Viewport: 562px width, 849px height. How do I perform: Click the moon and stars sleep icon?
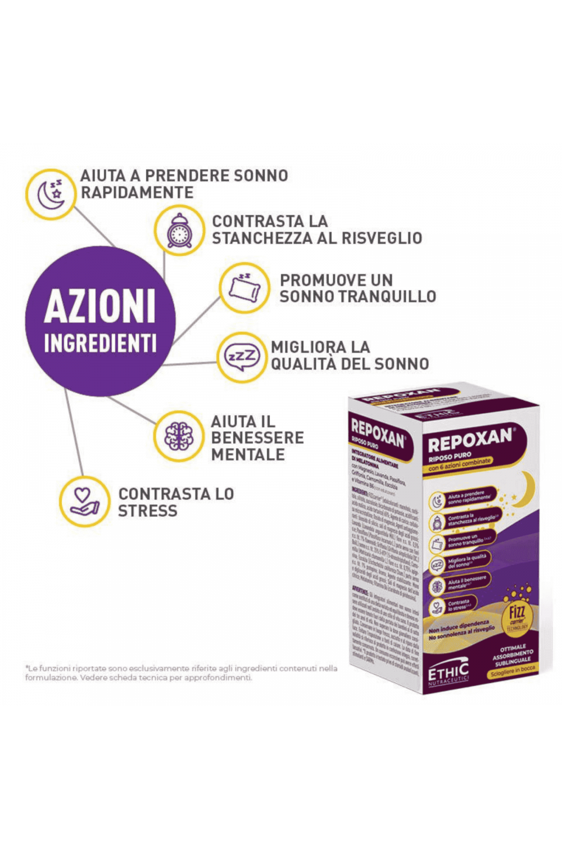tap(51, 194)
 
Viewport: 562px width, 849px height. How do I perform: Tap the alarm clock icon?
tap(179, 231)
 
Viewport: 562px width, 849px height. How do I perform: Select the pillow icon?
tap(244, 288)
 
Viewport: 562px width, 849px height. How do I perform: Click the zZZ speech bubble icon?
tap(242, 357)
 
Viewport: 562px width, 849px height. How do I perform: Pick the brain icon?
tap(179, 436)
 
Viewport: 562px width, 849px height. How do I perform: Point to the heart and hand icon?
tap(84, 500)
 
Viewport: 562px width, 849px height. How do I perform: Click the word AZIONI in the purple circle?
tap(100, 306)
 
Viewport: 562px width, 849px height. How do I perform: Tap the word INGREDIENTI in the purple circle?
tap(100, 343)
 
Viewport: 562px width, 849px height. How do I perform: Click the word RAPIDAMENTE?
tap(137, 192)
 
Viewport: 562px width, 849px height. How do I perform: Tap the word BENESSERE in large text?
tap(257, 437)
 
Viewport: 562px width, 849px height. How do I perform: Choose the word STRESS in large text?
tap(147, 511)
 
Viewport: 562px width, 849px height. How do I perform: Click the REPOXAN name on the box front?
tap(470, 440)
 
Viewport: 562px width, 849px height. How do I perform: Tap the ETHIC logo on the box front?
tap(448, 672)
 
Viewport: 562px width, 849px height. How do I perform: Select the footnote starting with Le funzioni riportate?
tap(181, 673)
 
